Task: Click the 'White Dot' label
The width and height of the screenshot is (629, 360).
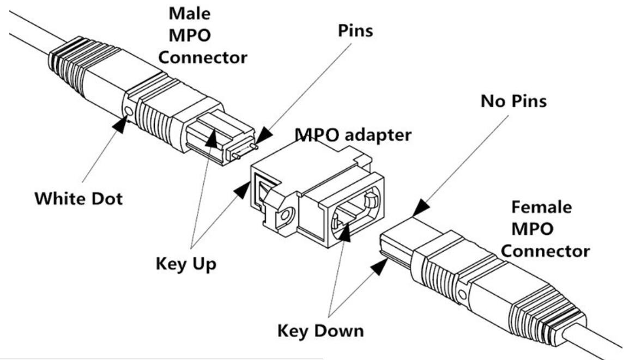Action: (79, 198)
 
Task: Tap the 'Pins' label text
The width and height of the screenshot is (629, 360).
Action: (354, 30)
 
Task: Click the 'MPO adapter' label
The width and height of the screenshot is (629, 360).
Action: (353, 135)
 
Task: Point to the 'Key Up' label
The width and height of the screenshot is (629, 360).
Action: (185, 264)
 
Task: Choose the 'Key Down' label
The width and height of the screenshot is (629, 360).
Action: (320, 330)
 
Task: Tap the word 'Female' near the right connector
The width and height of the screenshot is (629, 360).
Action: (541, 208)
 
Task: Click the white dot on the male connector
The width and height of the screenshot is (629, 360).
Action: (128, 113)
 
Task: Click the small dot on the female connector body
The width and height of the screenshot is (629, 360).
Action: (462, 295)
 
